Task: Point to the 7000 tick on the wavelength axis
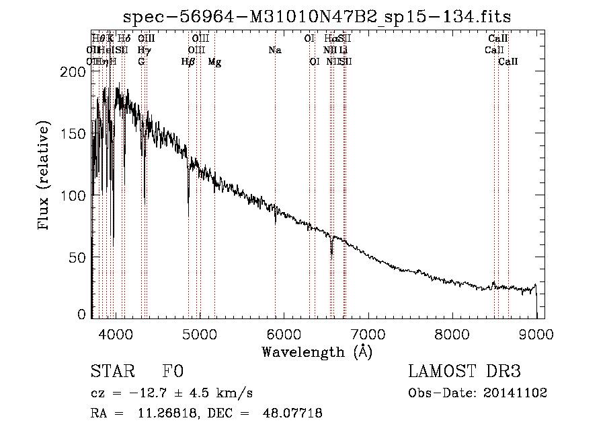click(368, 333)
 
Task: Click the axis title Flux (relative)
click(45, 176)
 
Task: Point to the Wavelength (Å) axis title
click(317, 351)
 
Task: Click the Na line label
click(274, 51)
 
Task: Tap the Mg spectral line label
click(214, 62)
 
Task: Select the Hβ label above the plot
click(188, 62)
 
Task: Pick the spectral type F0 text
click(173, 372)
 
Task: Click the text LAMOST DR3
click(465, 372)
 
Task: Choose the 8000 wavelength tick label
click(452, 333)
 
